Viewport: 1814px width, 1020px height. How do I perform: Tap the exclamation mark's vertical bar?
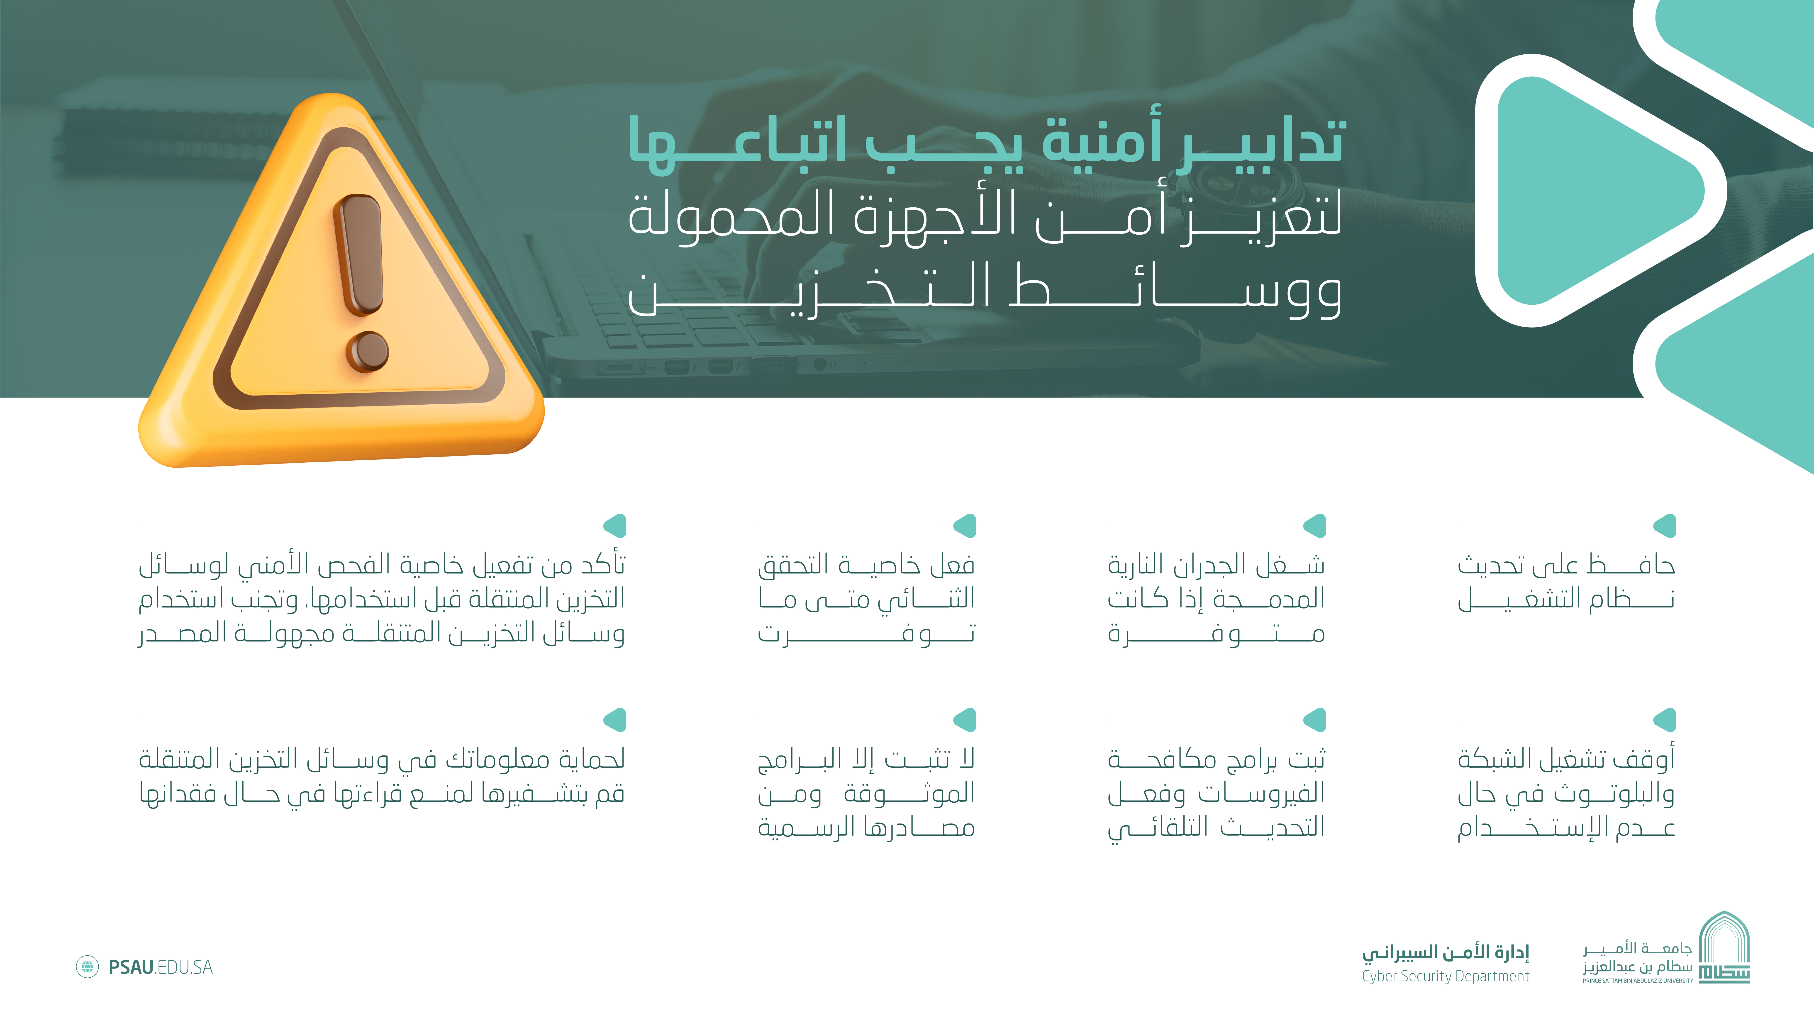tap(359, 253)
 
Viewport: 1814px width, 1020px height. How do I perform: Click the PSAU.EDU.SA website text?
tap(161, 967)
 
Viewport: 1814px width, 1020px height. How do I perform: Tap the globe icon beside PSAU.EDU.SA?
tap(87, 967)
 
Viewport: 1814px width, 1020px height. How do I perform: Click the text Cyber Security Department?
tap(1445, 976)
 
